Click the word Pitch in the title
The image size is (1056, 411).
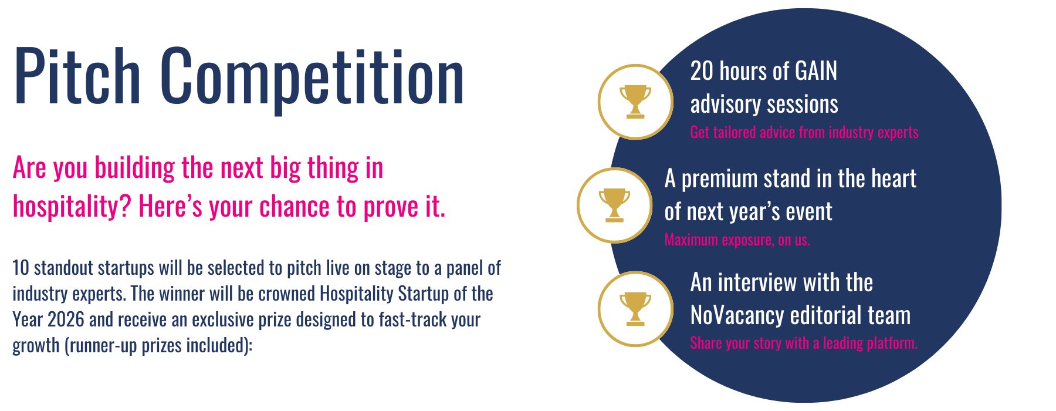point(77,76)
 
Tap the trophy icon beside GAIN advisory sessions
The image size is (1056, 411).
point(635,102)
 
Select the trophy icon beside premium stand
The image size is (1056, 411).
point(614,205)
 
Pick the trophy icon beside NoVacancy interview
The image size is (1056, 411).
point(635,308)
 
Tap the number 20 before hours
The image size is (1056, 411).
point(702,71)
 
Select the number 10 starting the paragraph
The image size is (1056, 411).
point(21,268)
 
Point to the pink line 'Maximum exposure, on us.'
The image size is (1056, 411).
point(737,240)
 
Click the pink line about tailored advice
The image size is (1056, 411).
point(804,132)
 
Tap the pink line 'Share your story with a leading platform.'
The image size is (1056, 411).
point(804,343)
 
